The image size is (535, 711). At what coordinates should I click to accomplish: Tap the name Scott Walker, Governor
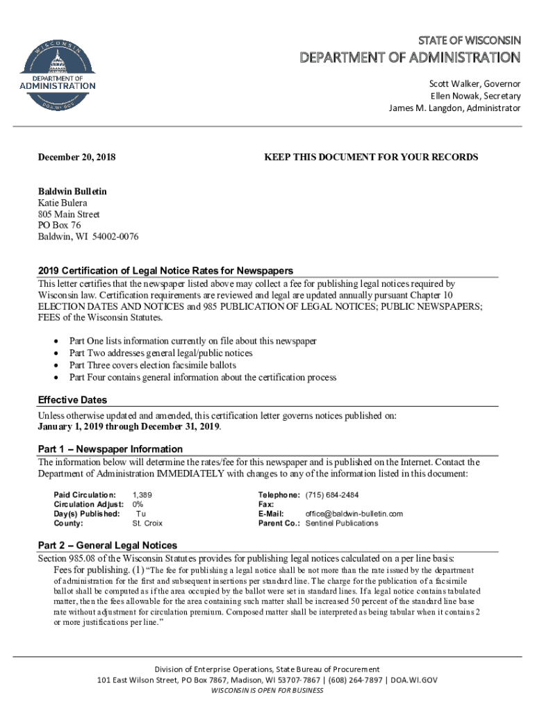(474, 83)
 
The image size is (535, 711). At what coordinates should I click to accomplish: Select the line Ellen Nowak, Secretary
(475, 96)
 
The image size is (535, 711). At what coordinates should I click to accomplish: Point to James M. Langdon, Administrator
(454, 108)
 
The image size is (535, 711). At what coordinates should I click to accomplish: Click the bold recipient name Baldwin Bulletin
(72, 191)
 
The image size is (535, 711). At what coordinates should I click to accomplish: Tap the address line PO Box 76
(59, 226)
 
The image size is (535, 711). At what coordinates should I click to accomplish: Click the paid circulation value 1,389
(142, 494)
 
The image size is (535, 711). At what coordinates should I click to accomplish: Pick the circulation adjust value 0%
(138, 504)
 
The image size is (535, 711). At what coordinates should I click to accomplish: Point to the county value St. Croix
(147, 523)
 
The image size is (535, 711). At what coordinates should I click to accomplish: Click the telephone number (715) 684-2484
(332, 494)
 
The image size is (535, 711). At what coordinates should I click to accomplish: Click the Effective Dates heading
(72, 400)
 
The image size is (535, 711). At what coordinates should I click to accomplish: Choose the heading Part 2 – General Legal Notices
(108, 545)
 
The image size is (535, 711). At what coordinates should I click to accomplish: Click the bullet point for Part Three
(56, 365)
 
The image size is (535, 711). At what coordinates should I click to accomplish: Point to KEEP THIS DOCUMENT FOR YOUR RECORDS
(371, 157)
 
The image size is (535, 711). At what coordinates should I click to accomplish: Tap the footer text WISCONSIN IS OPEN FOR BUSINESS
(267, 691)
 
